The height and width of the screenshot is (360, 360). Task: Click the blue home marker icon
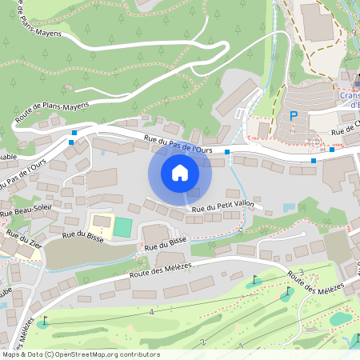(x=179, y=173)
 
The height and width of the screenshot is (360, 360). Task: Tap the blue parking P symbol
(x=294, y=116)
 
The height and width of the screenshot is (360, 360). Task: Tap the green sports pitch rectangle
(x=122, y=227)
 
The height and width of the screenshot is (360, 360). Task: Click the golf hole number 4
(x=150, y=311)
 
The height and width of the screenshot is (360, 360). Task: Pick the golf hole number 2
(x=203, y=342)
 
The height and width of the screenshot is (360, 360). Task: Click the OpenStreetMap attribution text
(x=80, y=354)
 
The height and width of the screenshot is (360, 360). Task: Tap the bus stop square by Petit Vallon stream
(x=227, y=151)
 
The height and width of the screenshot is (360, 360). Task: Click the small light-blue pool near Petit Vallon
(x=289, y=208)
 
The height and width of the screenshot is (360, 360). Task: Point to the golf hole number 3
(x=301, y=272)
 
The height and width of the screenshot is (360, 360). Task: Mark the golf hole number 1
(x=240, y=346)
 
